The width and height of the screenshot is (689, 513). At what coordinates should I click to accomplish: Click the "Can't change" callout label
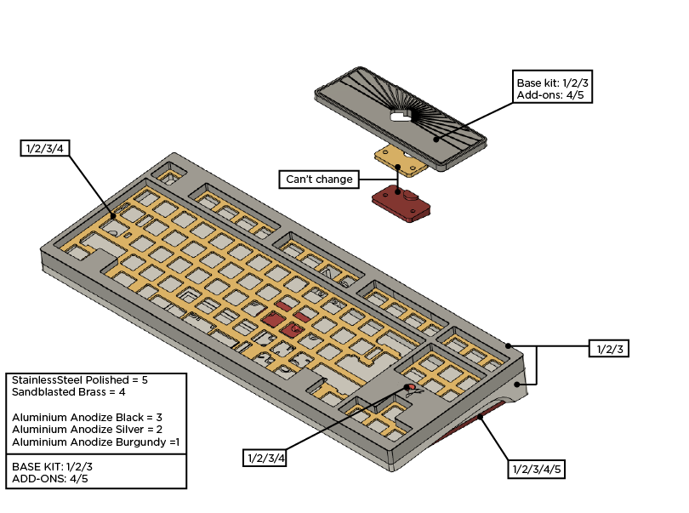pyautogui.click(x=319, y=180)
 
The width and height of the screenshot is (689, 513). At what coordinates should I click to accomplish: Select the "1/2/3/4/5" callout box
pyautogui.click(x=536, y=469)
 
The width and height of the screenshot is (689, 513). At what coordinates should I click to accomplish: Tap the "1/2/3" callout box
pyautogui.click(x=609, y=349)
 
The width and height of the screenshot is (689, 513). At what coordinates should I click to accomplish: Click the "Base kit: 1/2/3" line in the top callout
pyautogui.click(x=552, y=83)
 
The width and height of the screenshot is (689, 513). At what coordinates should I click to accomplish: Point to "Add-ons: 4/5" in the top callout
pyautogui.click(x=550, y=95)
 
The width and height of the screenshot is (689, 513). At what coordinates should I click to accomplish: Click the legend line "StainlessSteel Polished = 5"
pyautogui.click(x=80, y=379)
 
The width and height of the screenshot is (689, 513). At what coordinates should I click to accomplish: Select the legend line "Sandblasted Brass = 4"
pyautogui.click(x=69, y=392)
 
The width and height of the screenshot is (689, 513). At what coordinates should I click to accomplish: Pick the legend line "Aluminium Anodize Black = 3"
pyautogui.click(x=87, y=417)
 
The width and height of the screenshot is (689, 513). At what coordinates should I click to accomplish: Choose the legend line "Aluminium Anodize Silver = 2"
pyautogui.click(x=87, y=430)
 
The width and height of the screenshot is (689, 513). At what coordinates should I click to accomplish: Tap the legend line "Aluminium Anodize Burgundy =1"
pyautogui.click(x=96, y=442)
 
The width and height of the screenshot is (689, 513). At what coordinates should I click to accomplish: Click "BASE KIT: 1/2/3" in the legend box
pyautogui.click(x=52, y=466)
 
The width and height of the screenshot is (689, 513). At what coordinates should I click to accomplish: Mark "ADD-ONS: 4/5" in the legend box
pyautogui.click(x=49, y=479)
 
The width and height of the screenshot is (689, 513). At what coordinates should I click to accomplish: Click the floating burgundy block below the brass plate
pyautogui.click(x=401, y=203)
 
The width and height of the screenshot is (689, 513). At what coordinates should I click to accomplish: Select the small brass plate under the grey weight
pyautogui.click(x=401, y=161)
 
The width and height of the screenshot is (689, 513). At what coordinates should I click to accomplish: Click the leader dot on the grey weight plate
pyautogui.click(x=436, y=140)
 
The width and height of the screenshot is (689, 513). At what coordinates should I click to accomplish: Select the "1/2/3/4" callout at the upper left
pyautogui.click(x=45, y=148)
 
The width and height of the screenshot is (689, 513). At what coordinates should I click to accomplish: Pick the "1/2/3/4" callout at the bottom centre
pyautogui.click(x=265, y=458)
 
